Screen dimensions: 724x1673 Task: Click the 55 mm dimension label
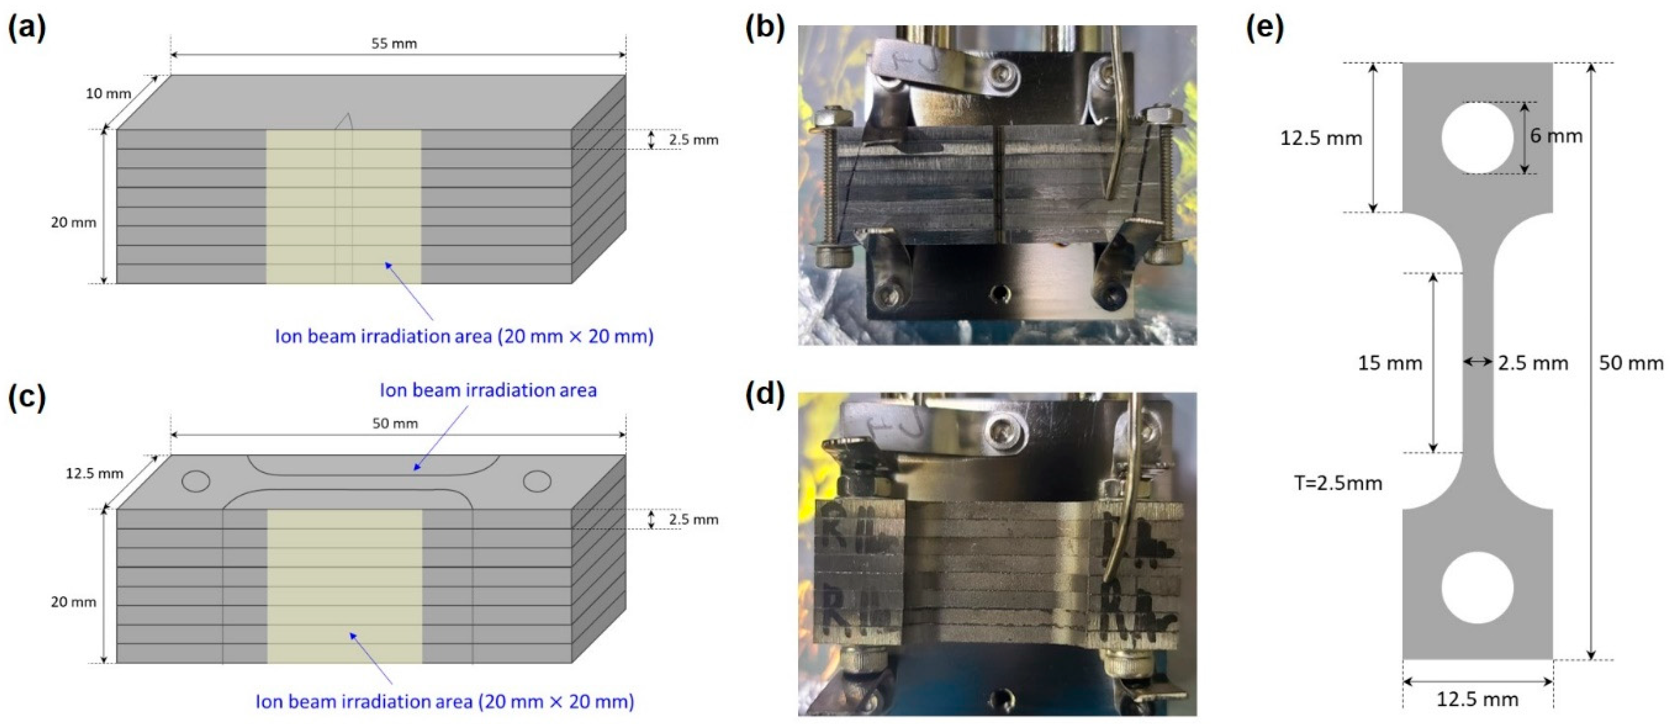(394, 43)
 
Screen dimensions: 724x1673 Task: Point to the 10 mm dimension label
(108, 93)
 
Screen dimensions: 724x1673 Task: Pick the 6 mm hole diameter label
(1556, 136)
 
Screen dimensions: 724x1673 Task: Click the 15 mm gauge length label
(1390, 363)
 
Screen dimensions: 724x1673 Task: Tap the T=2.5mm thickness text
(1338, 483)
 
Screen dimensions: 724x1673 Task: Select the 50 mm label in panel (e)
(1631, 363)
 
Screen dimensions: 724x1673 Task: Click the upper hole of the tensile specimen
(1477, 138)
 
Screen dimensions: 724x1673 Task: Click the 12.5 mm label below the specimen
(1478, 699)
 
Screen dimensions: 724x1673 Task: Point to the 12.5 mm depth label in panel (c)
(94, 473)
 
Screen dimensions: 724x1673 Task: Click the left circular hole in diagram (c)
(195, 481)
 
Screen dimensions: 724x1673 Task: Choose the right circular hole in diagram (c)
(537, 481)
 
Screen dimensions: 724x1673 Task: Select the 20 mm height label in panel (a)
(74, 222)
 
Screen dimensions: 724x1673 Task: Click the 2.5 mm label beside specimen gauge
(1533, 363)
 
